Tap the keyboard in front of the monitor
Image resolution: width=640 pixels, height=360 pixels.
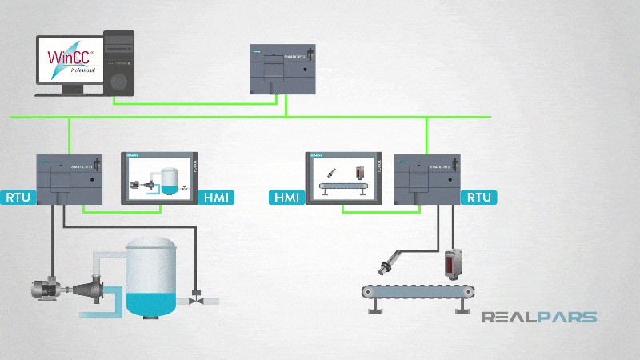[73, 94]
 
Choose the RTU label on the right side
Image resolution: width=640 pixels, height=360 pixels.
[478, 197]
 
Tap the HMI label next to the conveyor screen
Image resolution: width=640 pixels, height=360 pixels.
[288, 197]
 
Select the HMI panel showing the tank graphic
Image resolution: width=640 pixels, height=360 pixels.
[162, 176]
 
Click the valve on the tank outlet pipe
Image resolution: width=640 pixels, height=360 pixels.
[197, 302]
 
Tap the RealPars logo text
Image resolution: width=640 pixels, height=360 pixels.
[538, 318]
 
